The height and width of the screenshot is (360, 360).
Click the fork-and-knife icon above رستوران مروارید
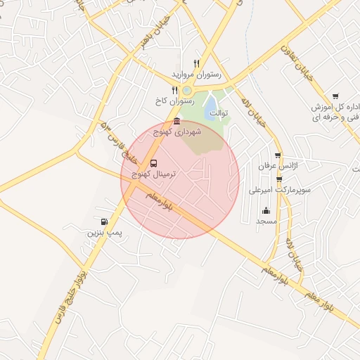tap(196, 63)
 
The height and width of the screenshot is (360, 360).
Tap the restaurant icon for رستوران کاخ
tap(175, 90)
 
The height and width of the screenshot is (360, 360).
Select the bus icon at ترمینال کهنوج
tap(154, 163)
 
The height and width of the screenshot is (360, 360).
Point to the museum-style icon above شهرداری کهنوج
tap(176, 122)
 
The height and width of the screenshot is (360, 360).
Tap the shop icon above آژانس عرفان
tap(278, 155)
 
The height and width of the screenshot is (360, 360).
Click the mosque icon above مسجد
tap(266, 210)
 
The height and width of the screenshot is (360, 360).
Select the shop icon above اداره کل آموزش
tap(335, 97)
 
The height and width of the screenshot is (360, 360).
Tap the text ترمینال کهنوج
tap(150, 173)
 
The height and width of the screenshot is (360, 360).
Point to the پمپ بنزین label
tap(101, 232)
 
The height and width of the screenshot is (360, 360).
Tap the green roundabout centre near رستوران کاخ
tap(187, 90)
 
